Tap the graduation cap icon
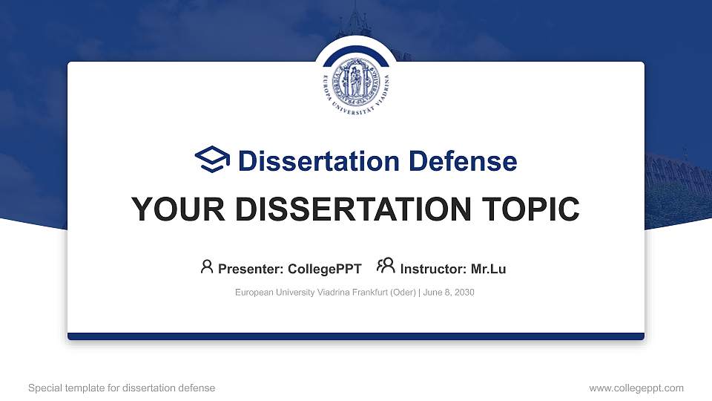(212, 160)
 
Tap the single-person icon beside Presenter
(207, 267)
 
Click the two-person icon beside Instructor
(386, 267)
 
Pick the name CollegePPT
(324, 269)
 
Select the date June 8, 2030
(449, 293)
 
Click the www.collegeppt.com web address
(636, 388)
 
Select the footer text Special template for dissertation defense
(122, 388)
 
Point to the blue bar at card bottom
(355, 336)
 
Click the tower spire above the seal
(354, 19)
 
